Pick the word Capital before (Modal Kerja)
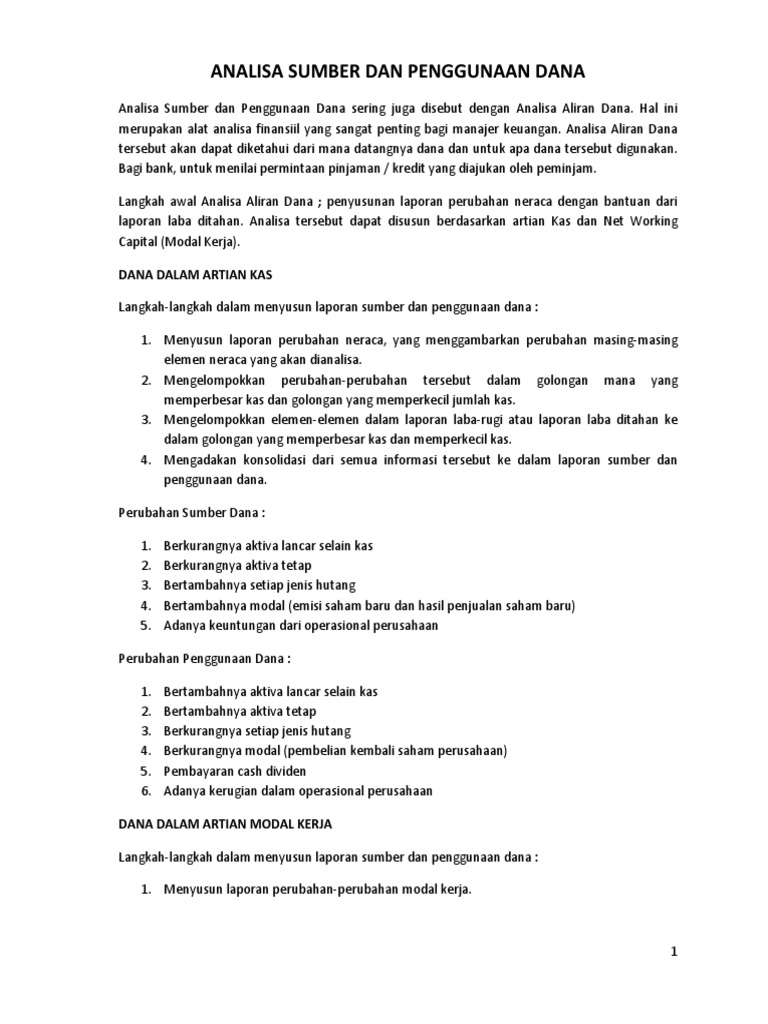(142, 241)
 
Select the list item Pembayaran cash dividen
(235, 771)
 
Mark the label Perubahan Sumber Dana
(190, 513)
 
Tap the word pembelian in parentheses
(320, 751)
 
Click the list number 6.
(145, 791)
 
